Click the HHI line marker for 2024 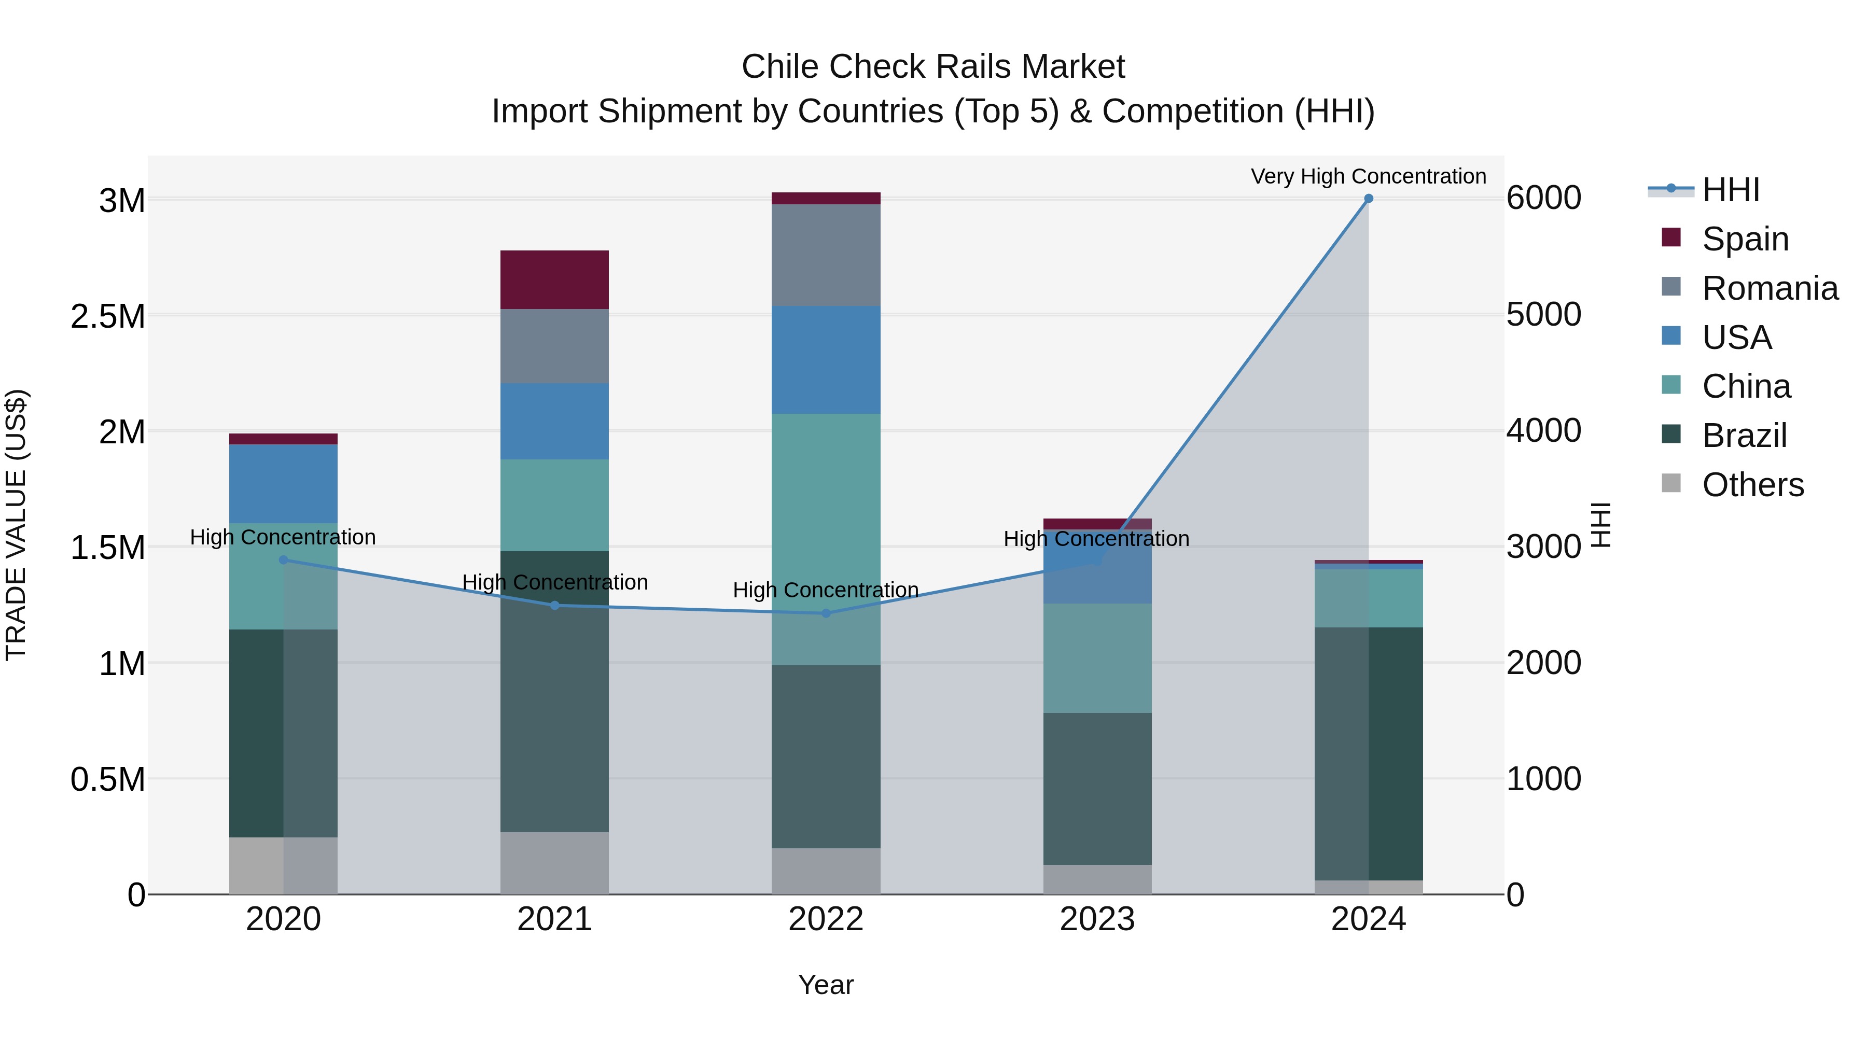click(x=1369, y=199)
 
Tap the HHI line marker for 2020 click(x=283, y=560)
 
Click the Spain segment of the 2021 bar click(x=554, y=279)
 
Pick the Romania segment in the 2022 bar click(x=826, y=255)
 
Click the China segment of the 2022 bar click(x=826, y=539)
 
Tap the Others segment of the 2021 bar click(x=554, y=863)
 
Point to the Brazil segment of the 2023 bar click(x=1097, y=788)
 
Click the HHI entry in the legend click(x=1730, y=190)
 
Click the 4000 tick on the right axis click(x=1544, y=430)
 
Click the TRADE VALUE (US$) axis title click(x=16, y=525)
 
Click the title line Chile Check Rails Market click(x=933, y=67)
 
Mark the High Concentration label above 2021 click(x=554, y=582)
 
